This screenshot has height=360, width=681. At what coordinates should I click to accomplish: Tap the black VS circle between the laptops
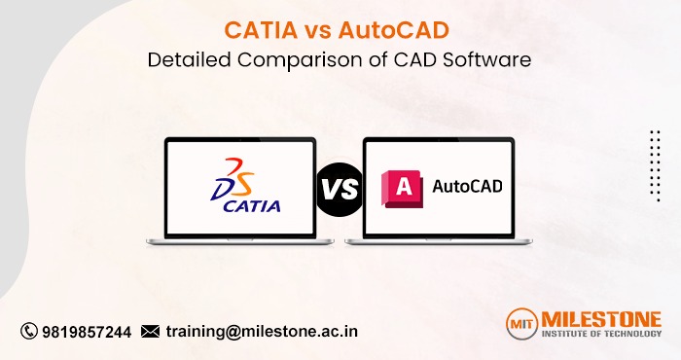pos(340,188)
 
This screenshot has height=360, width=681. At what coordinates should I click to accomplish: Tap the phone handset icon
pos(28,331)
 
